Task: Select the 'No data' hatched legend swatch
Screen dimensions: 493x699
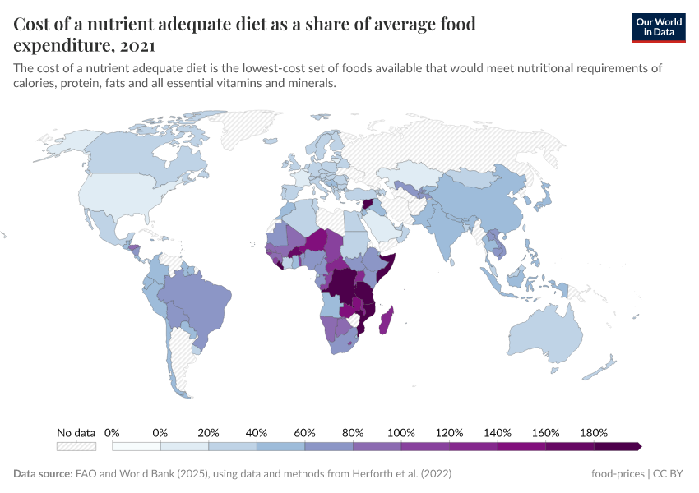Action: click(x=76, y=446)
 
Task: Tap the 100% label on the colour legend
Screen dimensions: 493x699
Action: click(x=400, y=432)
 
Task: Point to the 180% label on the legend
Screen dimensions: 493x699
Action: click(x=593, y=432)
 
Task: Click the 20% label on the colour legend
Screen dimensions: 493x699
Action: click(x=208, y=432)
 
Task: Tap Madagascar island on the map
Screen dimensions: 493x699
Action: click(x=384, y=319)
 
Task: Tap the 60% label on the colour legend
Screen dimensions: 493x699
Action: click(x=304, y=432)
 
